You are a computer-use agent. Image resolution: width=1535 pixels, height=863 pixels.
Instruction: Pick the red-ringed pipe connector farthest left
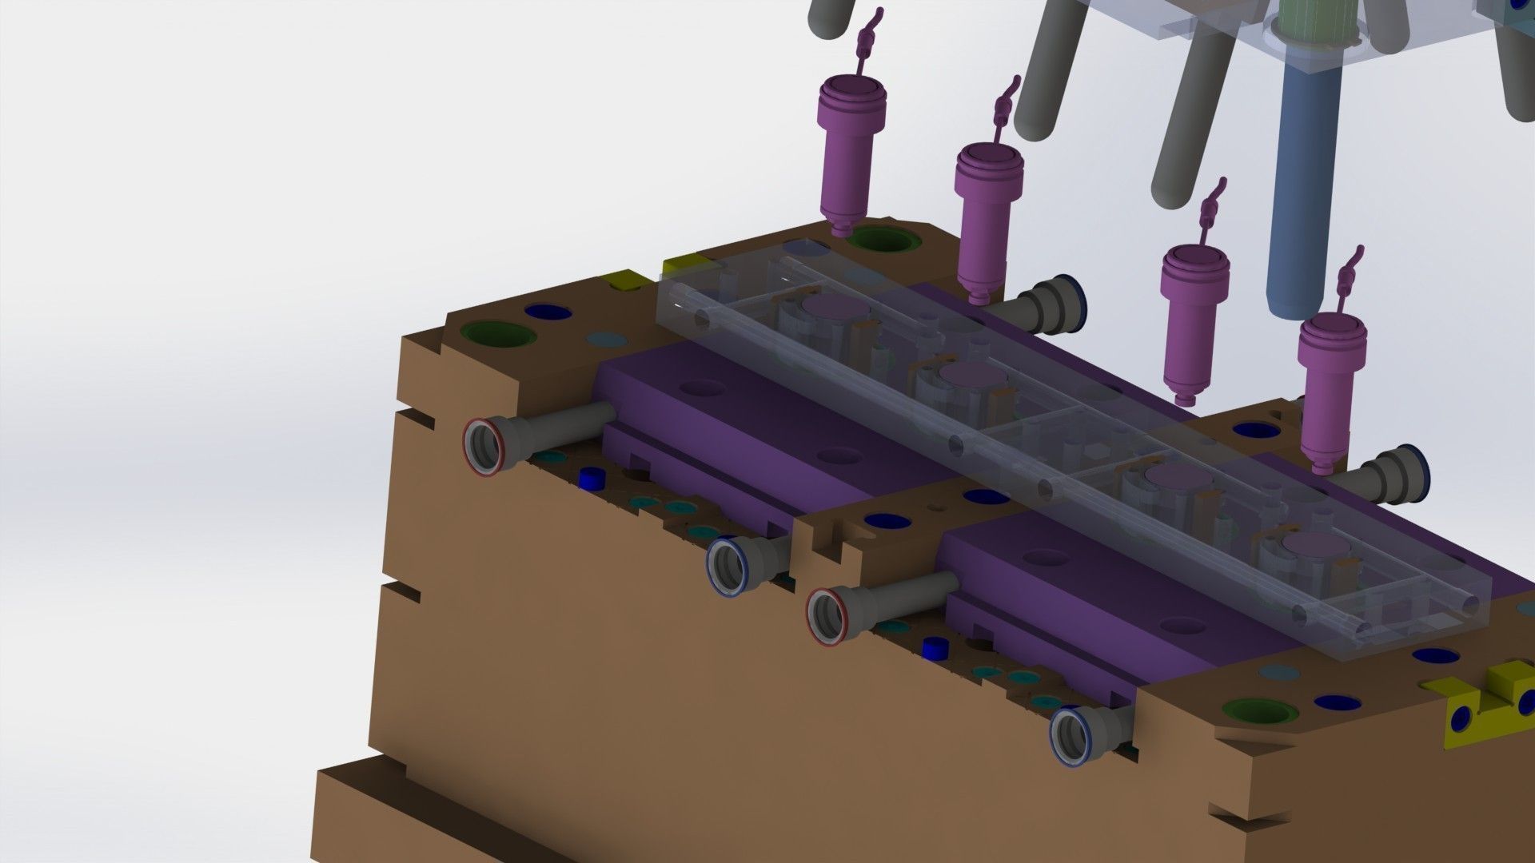[485, 447]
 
